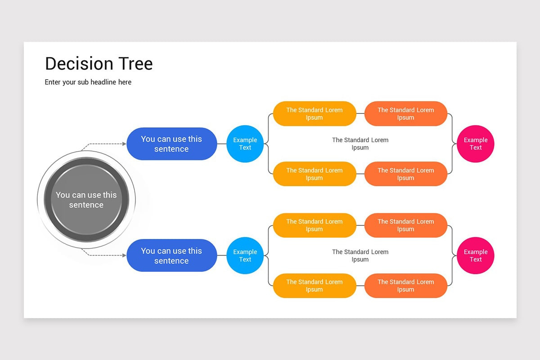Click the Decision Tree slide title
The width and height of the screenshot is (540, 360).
point(99,64)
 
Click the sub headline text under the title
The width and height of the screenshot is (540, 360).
point(88,82)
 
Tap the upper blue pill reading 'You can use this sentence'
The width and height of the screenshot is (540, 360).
point(171,144)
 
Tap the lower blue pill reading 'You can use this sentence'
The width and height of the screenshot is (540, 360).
point(171,256)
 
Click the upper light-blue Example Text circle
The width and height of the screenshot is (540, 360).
point(245,144)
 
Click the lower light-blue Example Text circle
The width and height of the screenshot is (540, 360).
point(245,256)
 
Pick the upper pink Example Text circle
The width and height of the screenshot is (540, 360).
point(476,144)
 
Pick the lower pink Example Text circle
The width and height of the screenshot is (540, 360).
point(476,256)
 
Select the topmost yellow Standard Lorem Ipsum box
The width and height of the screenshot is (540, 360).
point(315,113)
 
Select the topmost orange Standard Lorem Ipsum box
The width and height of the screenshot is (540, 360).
point(405,113)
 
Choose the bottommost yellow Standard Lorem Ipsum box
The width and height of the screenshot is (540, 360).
point(315,286)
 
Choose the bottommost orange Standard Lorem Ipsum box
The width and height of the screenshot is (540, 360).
point(405,286)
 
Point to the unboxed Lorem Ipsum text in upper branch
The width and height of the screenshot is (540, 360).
point(360,144)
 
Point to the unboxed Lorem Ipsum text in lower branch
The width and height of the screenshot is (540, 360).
point(360,256)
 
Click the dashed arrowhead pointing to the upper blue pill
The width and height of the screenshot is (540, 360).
point(124,144)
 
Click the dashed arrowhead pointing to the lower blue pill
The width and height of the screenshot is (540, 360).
point(124,256)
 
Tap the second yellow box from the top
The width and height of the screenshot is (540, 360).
point(315,174)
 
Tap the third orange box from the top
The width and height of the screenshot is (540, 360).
point(405,225)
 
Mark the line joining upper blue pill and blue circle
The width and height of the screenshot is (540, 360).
point(221,144)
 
